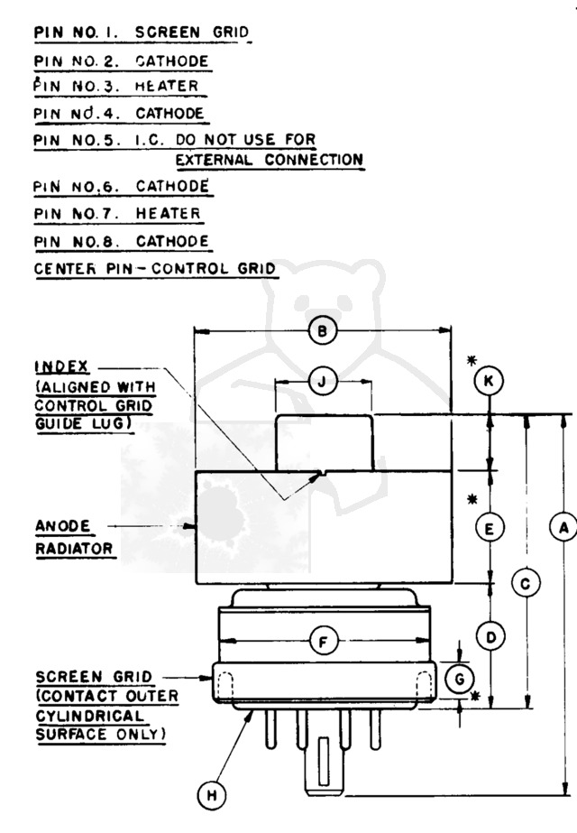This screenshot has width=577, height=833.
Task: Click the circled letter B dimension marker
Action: coord(322,331)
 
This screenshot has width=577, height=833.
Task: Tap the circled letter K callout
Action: coord(489,381)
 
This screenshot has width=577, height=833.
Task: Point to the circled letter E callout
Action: coord(489,528)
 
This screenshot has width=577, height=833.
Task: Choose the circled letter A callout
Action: coord(563,528)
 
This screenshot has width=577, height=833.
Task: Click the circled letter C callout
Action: coord(526,583)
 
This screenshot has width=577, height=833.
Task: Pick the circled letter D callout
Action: coord(490,636)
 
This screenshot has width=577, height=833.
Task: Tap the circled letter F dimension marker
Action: coord(324,643)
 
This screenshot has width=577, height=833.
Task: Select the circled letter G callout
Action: coord(459,679)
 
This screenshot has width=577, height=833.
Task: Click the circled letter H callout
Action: coord(211,795)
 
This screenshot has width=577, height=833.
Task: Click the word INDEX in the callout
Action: coord(61,367)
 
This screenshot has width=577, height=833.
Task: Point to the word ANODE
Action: coord(62,526)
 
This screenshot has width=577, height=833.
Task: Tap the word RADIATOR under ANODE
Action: coord(74,548)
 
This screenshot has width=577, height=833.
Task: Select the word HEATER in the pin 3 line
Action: coord(167,86)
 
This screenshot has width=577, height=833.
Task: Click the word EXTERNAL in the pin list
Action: coord(214,160)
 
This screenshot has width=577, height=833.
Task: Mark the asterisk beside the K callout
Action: coord(472,361)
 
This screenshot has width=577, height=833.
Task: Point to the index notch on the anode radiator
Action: coord(322,473)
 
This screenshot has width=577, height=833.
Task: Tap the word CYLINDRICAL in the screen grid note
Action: coord(90,716)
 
